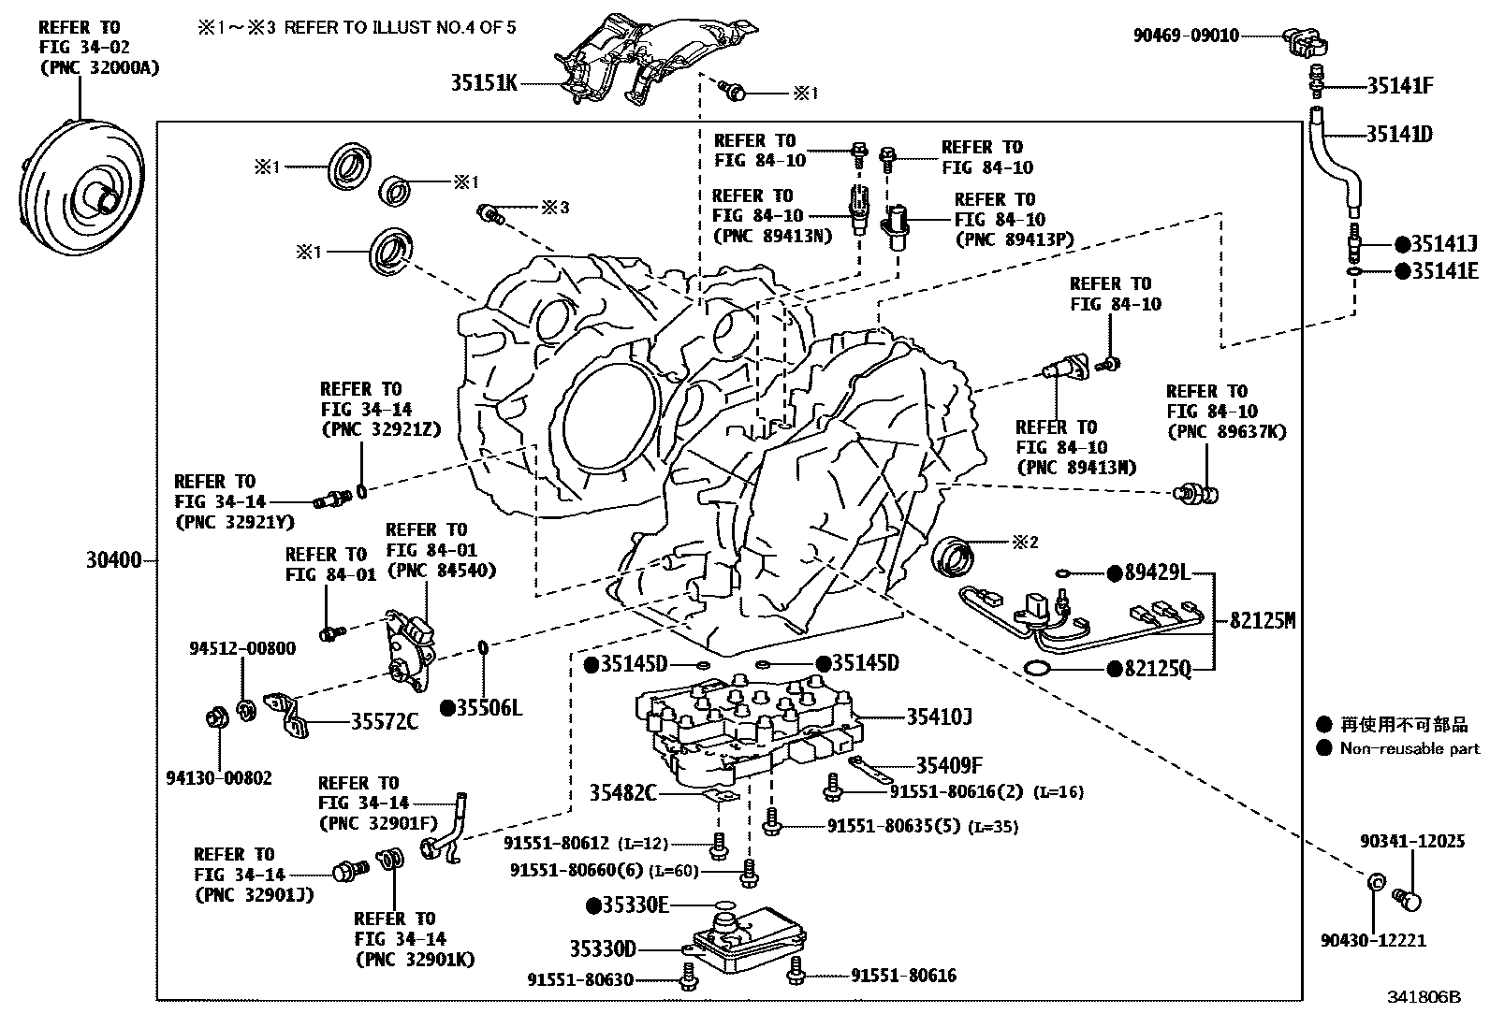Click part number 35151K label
coord(484,83)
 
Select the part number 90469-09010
coord(1186,36)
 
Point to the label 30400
coord(113,560)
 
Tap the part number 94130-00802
coord(219,777)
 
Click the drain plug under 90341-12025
coord(1409,901)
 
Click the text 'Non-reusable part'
coord(1410,748)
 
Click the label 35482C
coord(622,793)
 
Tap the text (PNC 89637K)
coord(1227,431)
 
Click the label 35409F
coord(949,765)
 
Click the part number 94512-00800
coord(242,648)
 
